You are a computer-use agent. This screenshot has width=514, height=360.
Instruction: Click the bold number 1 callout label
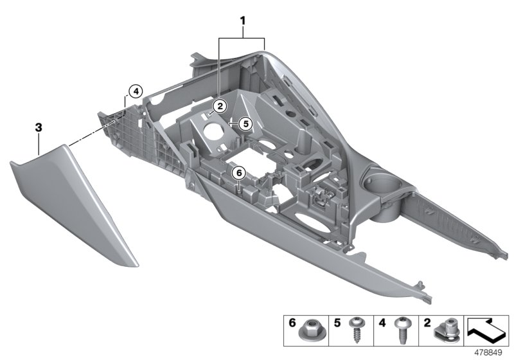(x=243, y=21)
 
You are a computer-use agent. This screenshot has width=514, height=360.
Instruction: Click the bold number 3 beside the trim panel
(x=39, y=129)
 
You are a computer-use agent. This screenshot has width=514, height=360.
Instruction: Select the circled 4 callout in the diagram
(x=134, y=92)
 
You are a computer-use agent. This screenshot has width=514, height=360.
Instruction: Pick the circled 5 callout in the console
(x=244, y=122)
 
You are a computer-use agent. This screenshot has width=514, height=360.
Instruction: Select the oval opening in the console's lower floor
(x=316, y=229)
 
